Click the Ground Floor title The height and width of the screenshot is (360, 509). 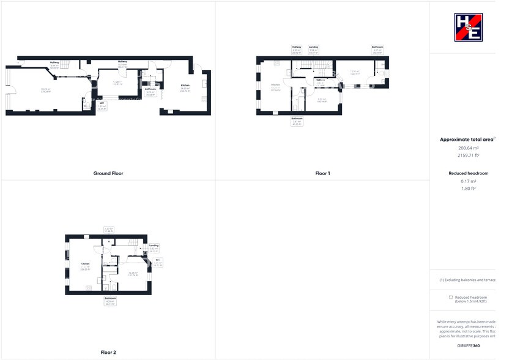(x=108, y=173)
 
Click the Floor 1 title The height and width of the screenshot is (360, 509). (x=322, y=173)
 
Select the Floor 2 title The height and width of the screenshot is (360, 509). (x=108, y=352)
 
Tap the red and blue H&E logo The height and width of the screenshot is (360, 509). (x=468, y=28)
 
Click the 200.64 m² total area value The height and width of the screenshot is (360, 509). (x=468, y=148)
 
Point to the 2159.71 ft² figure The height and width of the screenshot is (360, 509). (x=468, y=156)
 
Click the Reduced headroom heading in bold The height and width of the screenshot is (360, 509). (x=468, y=173)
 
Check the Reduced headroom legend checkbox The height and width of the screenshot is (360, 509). (x=451, y=297)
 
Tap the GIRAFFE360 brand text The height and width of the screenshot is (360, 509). (x=468, y=346)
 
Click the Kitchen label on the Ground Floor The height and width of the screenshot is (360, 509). (x=185, y=85)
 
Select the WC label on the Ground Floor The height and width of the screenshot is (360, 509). (x=102, y=103)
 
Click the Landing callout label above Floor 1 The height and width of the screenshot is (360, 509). (x=314, y=47)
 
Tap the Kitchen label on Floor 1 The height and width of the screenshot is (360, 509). (x=275, y=84)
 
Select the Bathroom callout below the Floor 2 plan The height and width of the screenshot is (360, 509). (x=111, y=299)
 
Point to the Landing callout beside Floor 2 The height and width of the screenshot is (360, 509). (x=154, y=246)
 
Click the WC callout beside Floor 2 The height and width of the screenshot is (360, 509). (x=158, y=260)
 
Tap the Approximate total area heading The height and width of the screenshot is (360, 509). (x=467, y=140)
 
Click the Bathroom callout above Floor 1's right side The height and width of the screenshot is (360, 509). (x=377, y=47)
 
